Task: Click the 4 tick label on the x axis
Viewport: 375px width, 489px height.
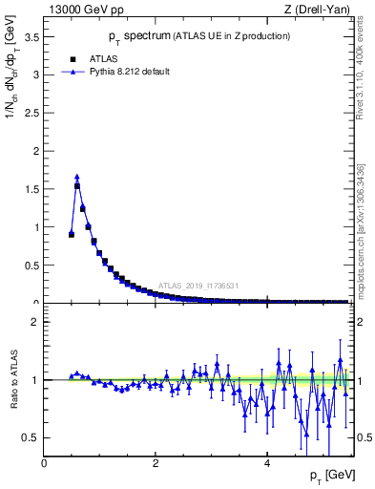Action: click(268, 463)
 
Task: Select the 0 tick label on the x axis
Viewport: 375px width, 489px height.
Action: click(45, 463)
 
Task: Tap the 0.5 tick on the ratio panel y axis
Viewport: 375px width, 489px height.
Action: click(31, 437)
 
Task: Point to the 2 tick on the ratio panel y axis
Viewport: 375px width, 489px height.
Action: click(35, 322)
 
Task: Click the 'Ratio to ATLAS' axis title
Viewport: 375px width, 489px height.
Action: click(12, 380)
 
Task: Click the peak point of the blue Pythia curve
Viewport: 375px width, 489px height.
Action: click(76, 176)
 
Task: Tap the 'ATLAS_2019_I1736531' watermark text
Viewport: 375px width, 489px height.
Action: click(198, 285)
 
